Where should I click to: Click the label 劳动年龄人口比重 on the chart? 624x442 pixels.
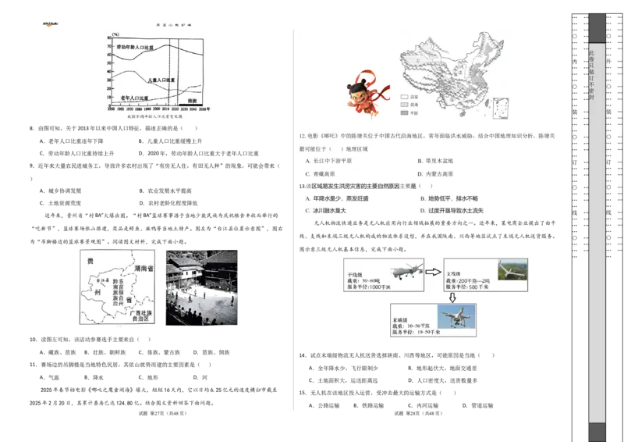coord(135,48)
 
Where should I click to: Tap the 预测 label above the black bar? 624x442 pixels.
coord(192,101)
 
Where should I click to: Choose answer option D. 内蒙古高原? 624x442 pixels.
coord(435,174)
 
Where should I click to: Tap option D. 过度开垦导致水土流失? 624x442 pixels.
coord(452,211)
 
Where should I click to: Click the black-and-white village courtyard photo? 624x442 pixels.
coord(201,287)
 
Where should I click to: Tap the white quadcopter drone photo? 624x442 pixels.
coord(458,319)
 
